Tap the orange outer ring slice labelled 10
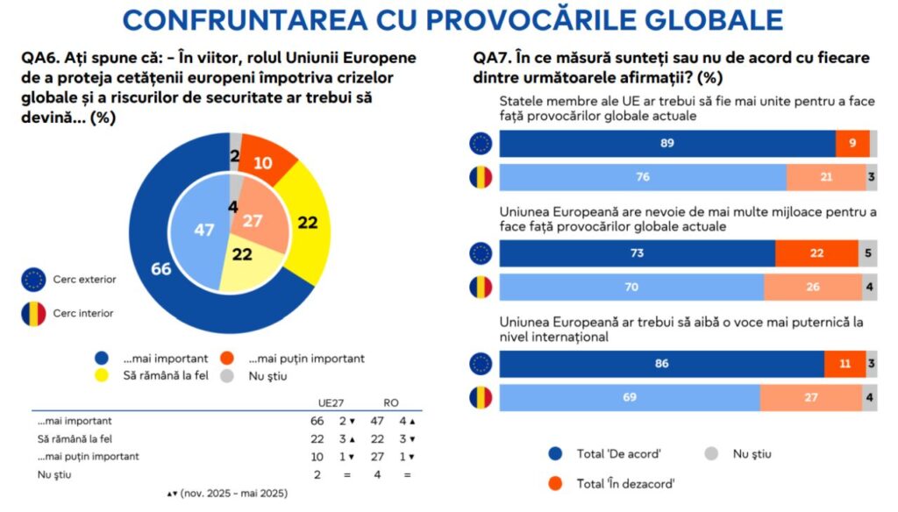[x=267, y=163]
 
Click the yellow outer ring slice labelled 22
[x=306, y=223]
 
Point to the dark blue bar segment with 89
[x=666, y=144]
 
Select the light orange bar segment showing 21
[x=824, y=178]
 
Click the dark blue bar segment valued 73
[x=638, y=253]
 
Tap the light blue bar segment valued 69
[x=630, y=397]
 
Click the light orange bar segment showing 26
[x=810, y=288]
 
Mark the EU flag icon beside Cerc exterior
[x=33, y=280]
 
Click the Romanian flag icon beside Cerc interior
[x=33, y=313]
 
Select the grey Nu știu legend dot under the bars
[x=712, y=453]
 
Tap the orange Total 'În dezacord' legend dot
[x=554, y=481]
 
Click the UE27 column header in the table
[x=331, y=402]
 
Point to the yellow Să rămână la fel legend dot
[x=102, y=376]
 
